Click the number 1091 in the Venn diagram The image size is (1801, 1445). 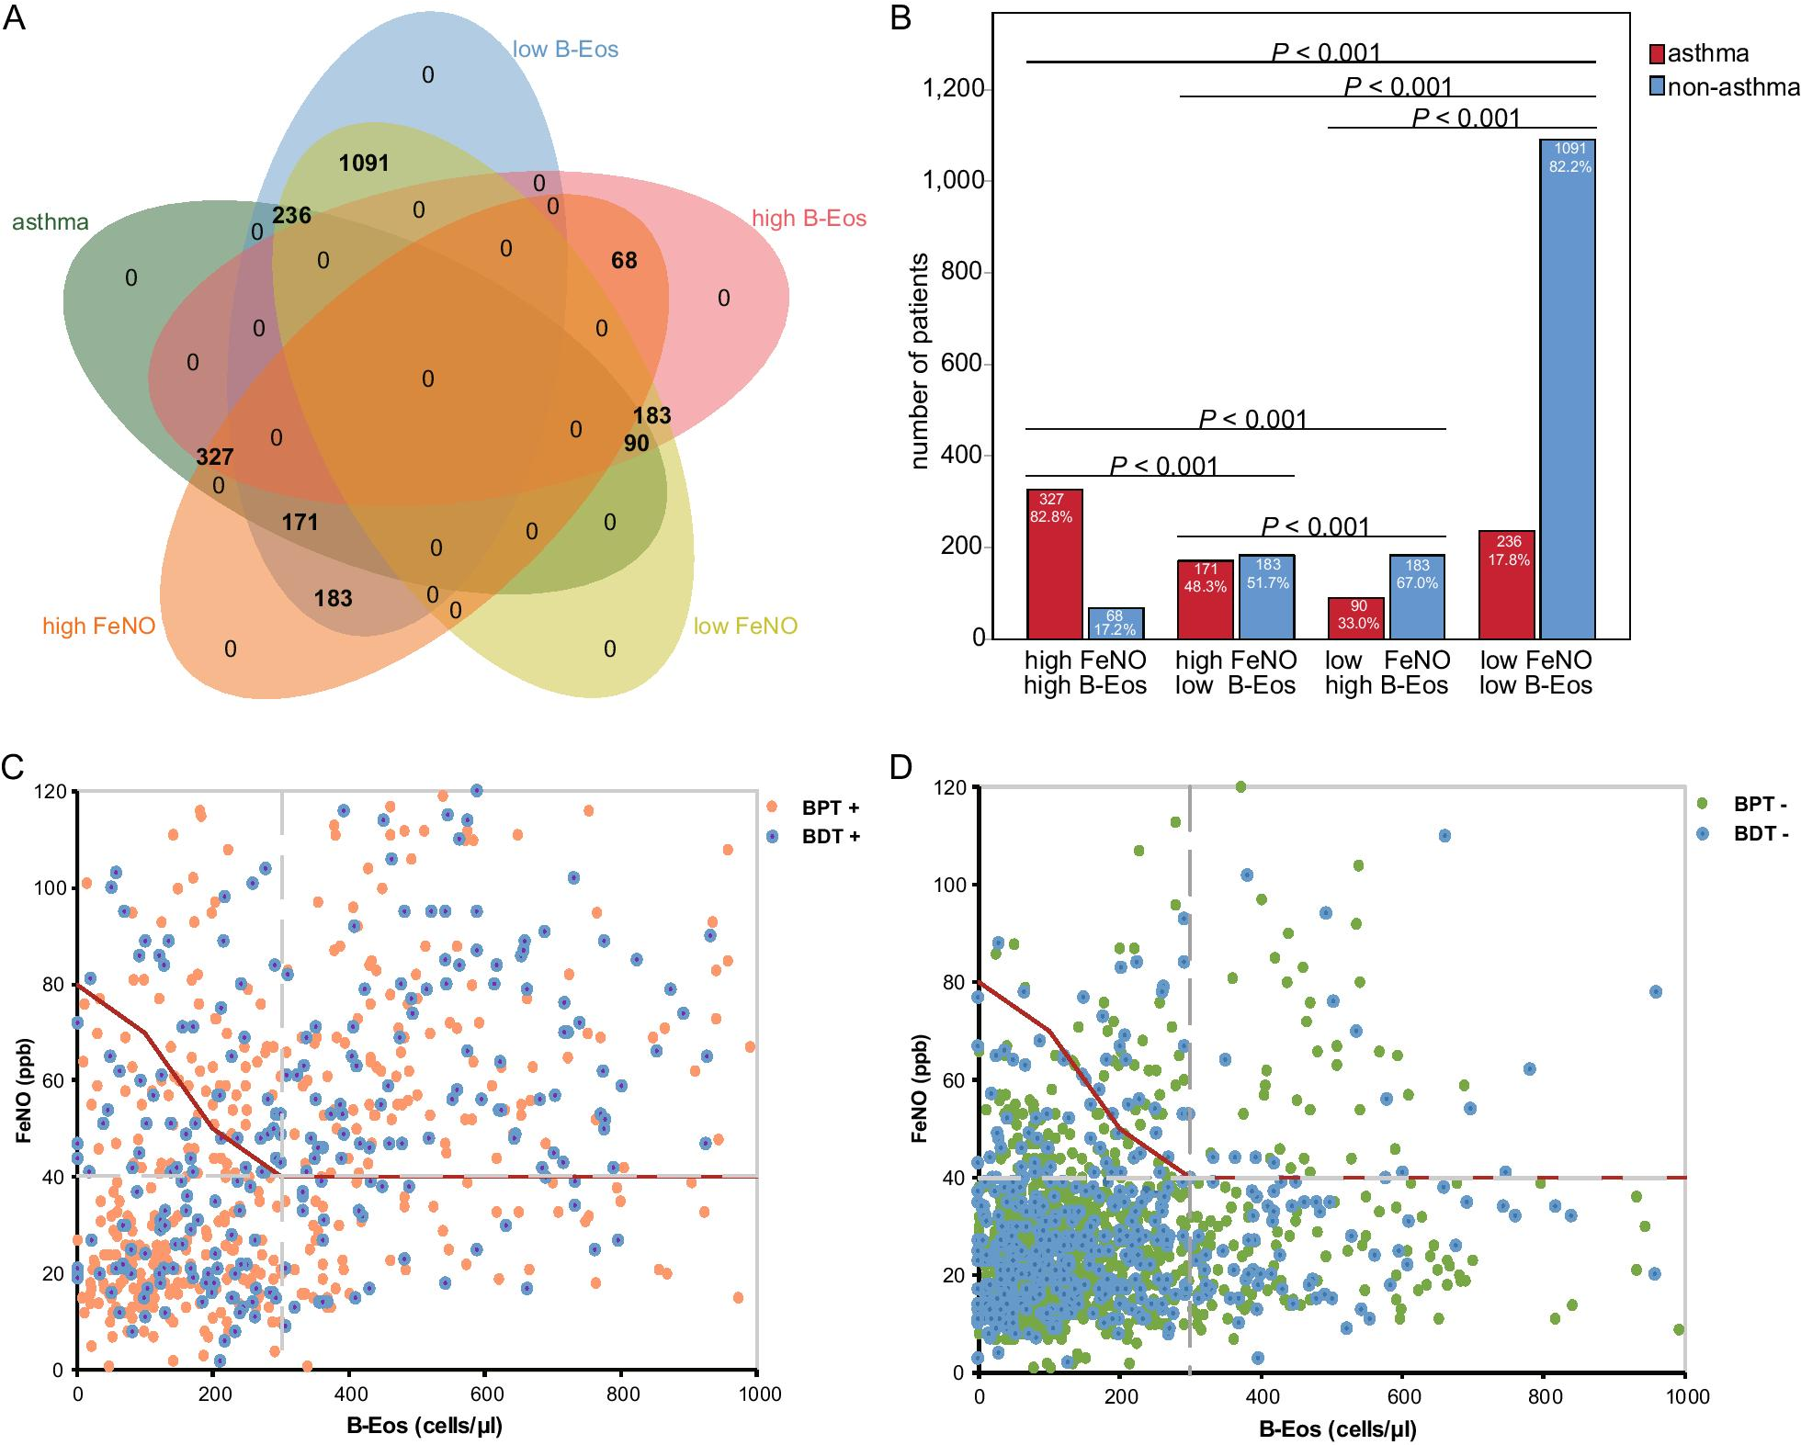click(x=364, y=164)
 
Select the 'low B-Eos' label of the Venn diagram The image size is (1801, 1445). click(x=565, y=50)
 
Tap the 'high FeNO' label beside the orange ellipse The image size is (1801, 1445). click(x=98, y=627)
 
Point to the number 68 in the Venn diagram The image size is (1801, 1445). click(x=624, y=261)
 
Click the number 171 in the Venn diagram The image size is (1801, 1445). click(x=300, y=523)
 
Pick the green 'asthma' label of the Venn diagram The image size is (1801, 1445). click(x=51, y=222)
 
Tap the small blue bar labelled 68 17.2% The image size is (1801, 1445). click(x=1116, y=624)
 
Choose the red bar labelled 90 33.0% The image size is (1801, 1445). click(x=1356, y=618)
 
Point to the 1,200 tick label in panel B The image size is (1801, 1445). click(x=953, y=89)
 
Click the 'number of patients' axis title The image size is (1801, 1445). click(x=920, y=361)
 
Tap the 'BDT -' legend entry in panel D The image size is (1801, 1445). click(x=1760, y=834)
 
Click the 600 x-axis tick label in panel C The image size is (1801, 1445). click(x=487, y=1394)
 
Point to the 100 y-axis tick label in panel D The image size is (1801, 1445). click(x=947, y=886)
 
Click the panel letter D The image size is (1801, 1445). click(x=900, y=766)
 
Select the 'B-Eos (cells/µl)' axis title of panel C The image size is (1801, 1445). click(x=425, y=1426)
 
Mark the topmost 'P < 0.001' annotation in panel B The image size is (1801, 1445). click(x=1325, y=52)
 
